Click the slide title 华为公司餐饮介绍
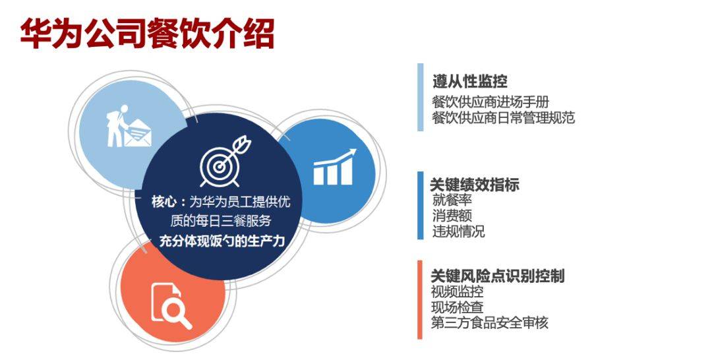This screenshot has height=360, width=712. (147, 34)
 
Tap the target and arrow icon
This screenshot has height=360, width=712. (225, 162)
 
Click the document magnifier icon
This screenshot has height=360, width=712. (171, 305)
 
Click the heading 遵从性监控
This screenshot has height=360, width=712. (469, 82)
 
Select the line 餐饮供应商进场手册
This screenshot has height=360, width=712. (490, 102)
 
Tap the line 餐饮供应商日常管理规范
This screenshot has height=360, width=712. (503, 118)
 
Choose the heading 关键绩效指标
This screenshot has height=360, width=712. (475, 185)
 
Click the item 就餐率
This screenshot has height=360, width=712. (452, 200)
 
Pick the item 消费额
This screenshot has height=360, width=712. (452, 216)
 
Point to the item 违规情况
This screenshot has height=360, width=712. (459, 231)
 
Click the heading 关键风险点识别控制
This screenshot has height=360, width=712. (497, 276)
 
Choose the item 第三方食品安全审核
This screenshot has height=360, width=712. (489, 323)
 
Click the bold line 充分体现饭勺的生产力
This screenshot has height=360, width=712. (222, 241)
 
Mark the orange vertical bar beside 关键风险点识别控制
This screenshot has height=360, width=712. (420, 299)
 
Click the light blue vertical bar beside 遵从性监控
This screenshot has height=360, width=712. (421, 97)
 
